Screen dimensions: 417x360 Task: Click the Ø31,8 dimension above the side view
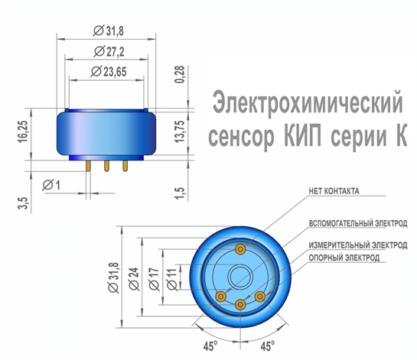point(109,31)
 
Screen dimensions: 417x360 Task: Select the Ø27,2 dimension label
point(109,51)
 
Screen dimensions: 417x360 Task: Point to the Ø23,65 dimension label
point(109,72)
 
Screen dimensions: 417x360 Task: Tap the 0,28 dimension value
point(180,74)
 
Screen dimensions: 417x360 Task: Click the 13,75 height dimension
point(180,131)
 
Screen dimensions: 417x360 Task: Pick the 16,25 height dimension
point(23,131)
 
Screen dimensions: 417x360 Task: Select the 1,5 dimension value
point(180,193)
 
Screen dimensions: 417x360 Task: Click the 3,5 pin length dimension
point(23,203)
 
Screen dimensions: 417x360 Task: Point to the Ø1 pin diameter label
point(51,184)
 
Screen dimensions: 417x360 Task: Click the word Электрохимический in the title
point(308,102)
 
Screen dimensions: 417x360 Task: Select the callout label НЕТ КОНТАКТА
point(334,191)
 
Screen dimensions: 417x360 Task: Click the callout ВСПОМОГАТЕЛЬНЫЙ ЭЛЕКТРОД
point(358,223)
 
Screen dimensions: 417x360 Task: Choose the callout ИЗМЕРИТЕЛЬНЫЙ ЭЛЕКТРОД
point(358,245)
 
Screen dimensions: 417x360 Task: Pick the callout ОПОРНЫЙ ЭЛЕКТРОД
point(344,258)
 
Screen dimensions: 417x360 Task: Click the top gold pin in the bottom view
point(240,249)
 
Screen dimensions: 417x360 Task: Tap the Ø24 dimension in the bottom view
point(134,278)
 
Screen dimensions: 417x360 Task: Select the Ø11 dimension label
point(172,279)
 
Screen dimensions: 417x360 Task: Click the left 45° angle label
point(210,346)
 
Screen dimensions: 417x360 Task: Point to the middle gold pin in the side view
point(106,166)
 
